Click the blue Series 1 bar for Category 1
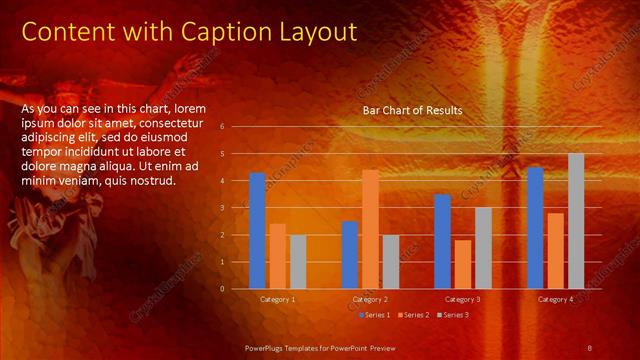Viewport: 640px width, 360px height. pos(258,230)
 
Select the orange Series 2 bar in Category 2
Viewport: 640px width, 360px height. pos(370,229)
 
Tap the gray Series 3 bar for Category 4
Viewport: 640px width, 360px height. pos(576,221)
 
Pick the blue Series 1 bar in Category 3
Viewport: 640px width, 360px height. pos(443,241)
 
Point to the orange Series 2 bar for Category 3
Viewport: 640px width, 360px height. pos(463,264)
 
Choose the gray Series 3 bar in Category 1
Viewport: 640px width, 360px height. pos(298,262)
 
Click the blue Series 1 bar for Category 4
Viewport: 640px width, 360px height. pos(536,228)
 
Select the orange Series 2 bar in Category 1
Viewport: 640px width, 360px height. pos(278,256)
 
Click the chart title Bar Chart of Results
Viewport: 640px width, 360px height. pos(412,111)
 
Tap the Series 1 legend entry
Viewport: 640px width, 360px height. pos(376,315)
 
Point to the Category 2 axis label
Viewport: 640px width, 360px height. pos(370,299)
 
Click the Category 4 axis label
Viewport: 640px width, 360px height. pos(556,299)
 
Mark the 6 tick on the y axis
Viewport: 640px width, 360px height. pos(236,127)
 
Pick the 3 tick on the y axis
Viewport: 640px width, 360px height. pos(236,208)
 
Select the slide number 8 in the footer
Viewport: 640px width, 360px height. pos(589,347)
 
